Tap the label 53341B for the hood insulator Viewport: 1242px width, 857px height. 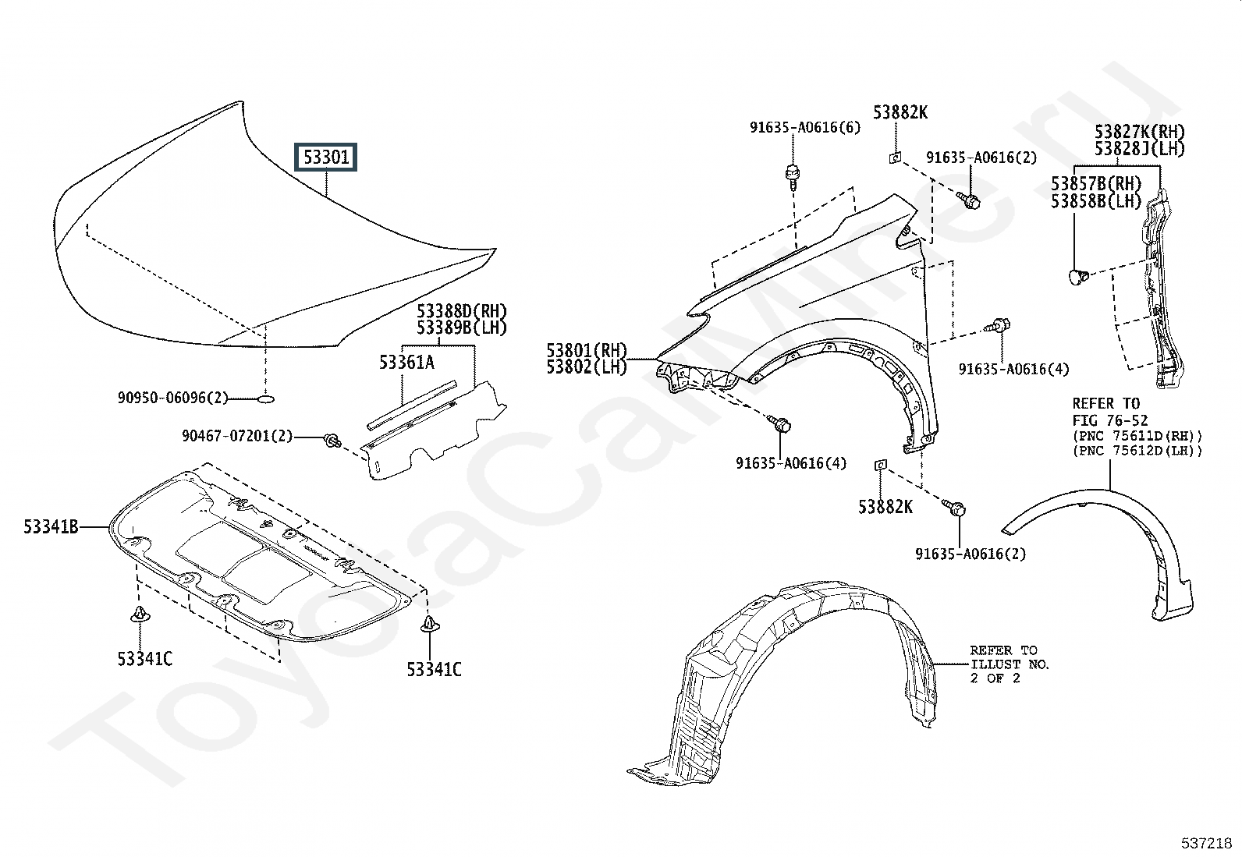tap(51, 527)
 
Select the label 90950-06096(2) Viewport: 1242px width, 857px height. tap(173, 398)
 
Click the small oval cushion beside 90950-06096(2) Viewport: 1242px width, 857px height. tap(265, 398)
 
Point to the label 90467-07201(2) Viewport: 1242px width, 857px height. tap(237, 436)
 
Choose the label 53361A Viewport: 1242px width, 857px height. tap(406, 362)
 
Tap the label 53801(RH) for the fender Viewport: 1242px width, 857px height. tap(587, 351)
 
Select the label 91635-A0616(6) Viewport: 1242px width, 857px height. tap(805, 127)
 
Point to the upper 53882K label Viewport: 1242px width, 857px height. tap(900, 112)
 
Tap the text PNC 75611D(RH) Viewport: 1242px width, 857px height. tap(1137, 436)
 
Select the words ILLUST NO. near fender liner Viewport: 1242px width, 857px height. tap(1010, 664)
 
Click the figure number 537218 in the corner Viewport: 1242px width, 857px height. tap(1205, 843)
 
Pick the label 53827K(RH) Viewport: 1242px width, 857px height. tap(1139, 132)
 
